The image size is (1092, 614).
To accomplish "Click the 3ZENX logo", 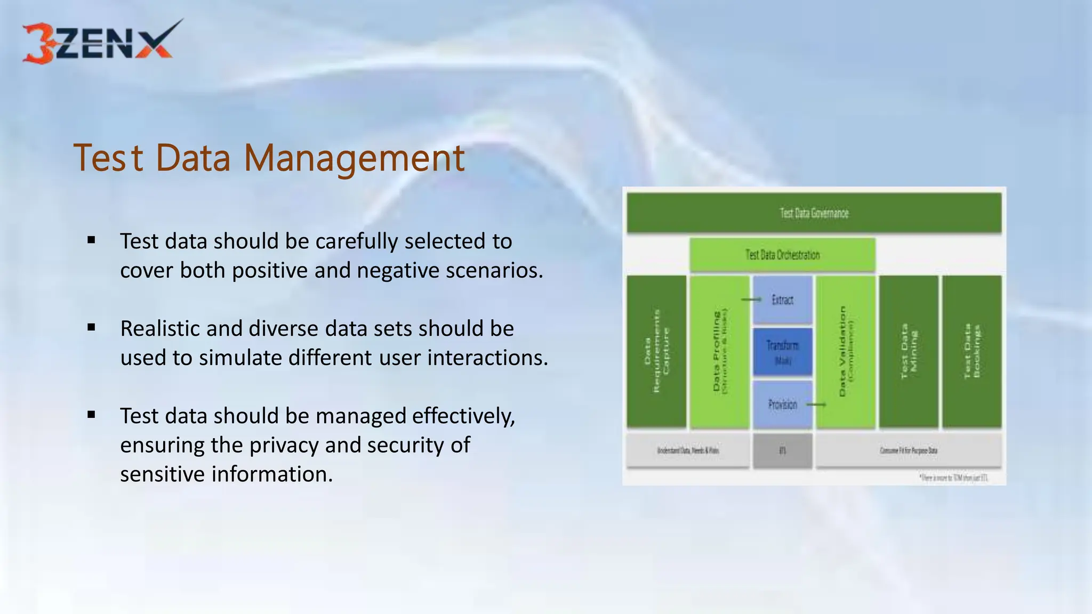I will (x=101, y=43).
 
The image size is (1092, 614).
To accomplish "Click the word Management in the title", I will (x=354, y=158).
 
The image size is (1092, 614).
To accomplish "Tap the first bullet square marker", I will (x=91, y=240).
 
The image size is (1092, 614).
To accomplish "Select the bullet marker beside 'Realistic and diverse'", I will (x=91, y=328).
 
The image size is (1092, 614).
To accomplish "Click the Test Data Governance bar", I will (x=814, y=213).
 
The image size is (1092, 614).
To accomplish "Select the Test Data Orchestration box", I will (x=782, y=255).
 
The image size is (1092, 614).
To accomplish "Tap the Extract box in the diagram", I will (x=783, y=300).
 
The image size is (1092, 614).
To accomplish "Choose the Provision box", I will (x=783, y=405).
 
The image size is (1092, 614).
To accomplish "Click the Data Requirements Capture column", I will (x=656, y=352).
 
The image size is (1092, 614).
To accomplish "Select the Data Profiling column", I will (x=719, y=352).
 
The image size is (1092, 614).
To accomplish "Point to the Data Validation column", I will (x=846, y=352).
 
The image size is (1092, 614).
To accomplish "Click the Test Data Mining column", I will (x=909, y=352).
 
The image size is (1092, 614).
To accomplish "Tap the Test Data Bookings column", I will (x=971, y=352).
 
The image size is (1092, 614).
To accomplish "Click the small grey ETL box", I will (x=783, y=451).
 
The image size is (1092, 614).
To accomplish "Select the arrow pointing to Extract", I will (x=751, y=300).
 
